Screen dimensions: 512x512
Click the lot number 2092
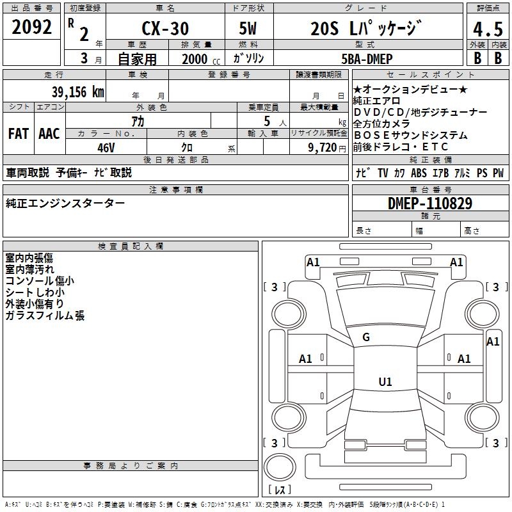(31, 28)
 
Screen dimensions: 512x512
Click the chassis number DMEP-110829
(429, 204)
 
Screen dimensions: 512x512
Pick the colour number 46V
(106, 148)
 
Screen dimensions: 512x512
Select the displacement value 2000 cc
(195, 59)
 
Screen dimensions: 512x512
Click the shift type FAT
(18, 134)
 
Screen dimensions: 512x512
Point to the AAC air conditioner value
(49, 134)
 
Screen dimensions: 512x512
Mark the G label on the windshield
(366, 337)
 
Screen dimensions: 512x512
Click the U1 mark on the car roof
(385, 382)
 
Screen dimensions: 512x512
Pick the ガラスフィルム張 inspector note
(45, 316)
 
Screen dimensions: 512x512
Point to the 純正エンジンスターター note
(65, 204)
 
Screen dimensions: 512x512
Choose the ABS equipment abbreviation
(419, 173)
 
